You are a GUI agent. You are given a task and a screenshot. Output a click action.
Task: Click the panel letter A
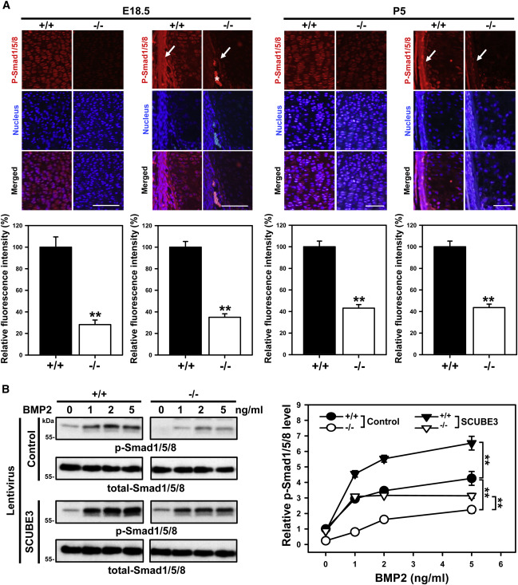[x=6, y=6]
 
